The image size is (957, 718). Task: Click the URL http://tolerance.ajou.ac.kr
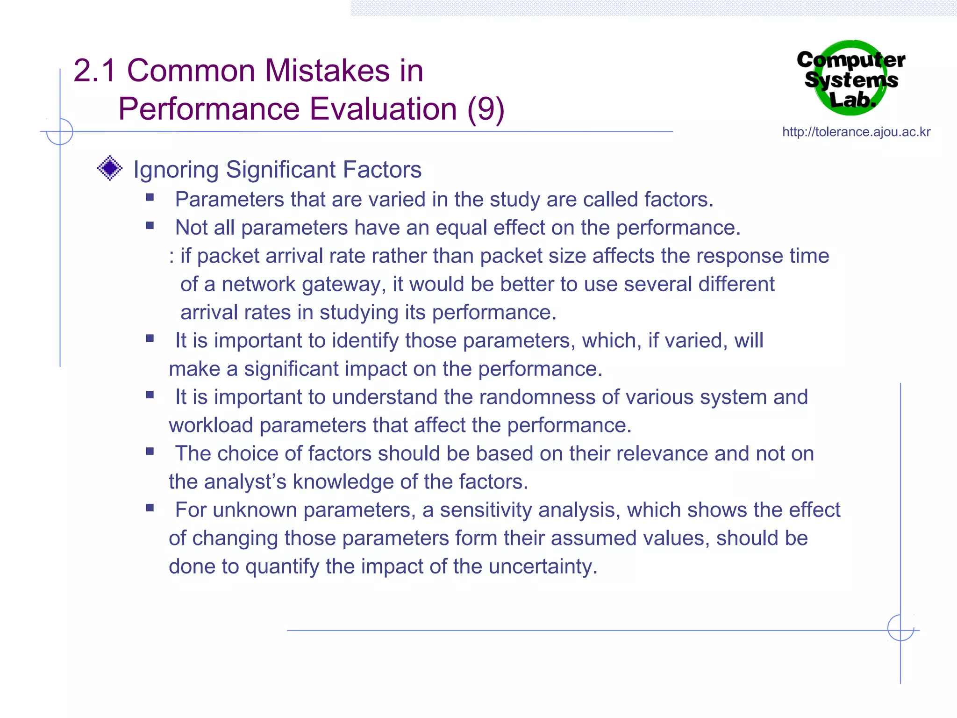coord(856,132)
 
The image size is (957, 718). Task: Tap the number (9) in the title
coord(486,109)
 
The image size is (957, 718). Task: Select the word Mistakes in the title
coord(327,71)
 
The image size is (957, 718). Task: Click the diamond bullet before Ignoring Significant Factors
coord(110,168)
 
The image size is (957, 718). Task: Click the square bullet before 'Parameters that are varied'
coord(150,197)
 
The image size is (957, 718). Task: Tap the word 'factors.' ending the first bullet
coord(678,200)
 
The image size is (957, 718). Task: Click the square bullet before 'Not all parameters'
coord(150,226)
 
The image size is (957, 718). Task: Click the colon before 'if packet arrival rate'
coord(172,257)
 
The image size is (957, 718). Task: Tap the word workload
coord(211,425)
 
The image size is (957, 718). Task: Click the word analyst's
coord(245,482)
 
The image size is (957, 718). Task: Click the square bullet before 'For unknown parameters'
coord(150,508)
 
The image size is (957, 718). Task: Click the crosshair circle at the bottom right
coord(900,628)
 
